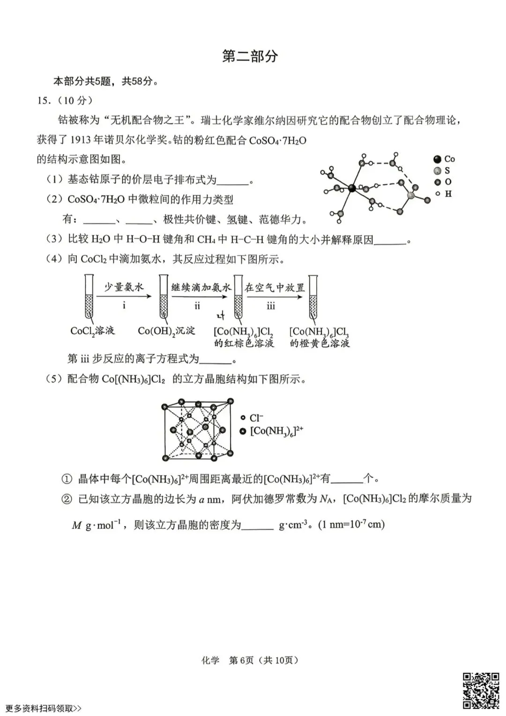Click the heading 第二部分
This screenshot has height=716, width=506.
(x=250, y=56)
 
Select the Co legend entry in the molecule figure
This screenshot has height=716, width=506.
(x=444, y=159)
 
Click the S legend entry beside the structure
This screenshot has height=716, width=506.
(x=443, y=171)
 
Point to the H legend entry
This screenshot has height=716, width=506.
(x=444, y=193)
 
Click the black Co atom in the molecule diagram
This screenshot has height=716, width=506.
(x=352, y=189)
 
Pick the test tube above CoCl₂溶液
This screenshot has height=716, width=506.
(x=88, y=297)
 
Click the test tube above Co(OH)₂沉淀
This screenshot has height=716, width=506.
(x=164, y=297)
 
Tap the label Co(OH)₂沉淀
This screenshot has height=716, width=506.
(x=166, y=331)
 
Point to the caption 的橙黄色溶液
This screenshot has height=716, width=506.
(x=320, y=343)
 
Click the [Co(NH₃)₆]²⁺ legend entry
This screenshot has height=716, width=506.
(x=272, y=431)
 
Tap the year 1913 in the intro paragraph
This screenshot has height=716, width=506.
(x=83, y=140)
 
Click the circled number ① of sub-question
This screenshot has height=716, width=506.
(x=67, y=479)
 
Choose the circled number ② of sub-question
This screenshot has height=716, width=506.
(x=67, y=499)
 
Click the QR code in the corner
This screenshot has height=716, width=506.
(x=481, y=690)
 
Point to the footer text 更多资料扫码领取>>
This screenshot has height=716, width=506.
(x=44, y=708)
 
